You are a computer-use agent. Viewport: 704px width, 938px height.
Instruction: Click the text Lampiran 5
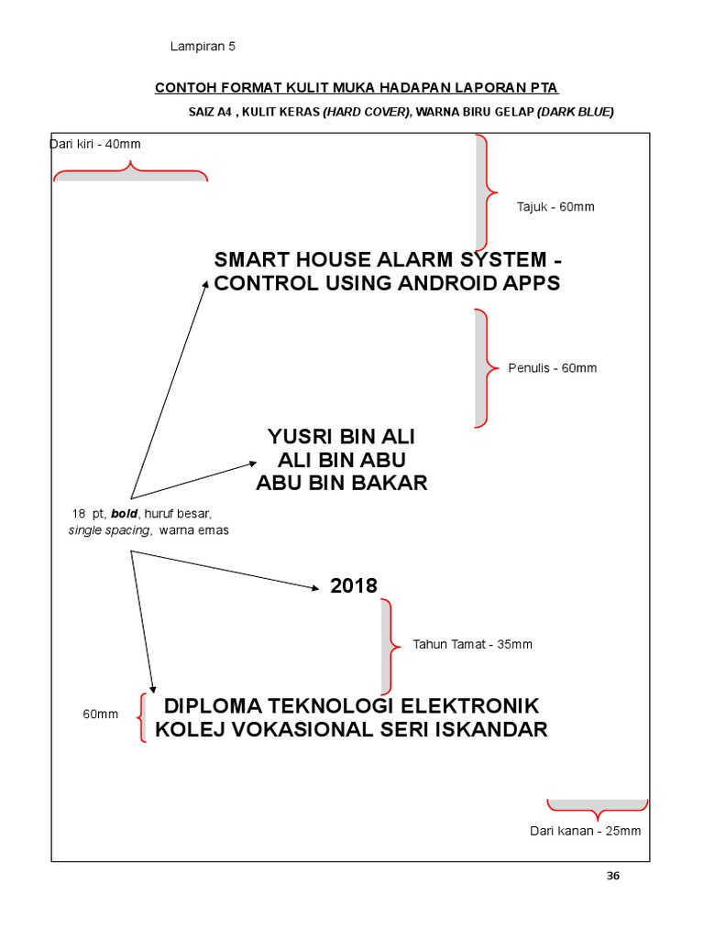[x=203, y=47]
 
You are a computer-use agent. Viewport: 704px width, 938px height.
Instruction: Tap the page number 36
[x=613, y=876]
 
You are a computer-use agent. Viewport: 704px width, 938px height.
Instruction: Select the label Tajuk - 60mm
[x=555, y=207]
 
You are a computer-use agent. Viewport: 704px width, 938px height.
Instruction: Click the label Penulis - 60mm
[x=552, y=368]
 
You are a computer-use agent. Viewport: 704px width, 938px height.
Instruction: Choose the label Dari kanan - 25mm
[x=585, y=831]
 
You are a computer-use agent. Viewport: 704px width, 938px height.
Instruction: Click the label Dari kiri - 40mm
[x=95, y=144]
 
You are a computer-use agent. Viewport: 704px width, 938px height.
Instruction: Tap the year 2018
[x=354, y=586]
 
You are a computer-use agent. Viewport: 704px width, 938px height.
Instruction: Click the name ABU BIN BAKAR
[x=341, y=483]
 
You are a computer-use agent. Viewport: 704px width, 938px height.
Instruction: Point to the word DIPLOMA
[x=215, y=706]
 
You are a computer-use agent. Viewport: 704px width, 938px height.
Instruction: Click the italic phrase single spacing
[x=110, y=530]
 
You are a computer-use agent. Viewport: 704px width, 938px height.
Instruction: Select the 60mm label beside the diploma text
[x=101, y=714]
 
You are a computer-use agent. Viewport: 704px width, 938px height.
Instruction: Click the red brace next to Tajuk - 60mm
[x=487, y=193]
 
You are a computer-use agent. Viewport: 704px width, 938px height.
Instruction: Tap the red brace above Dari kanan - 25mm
[x=597, y=809]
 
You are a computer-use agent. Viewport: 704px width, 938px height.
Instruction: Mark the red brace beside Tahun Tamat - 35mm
[x=390, y=646]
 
